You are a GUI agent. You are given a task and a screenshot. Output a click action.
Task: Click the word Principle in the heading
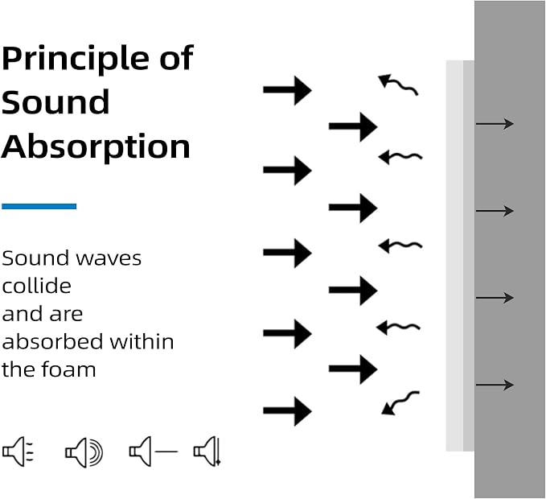click(76, 60)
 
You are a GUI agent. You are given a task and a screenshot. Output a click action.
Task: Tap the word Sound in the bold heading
click(55, 101)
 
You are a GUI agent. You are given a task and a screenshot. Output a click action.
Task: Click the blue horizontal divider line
click(39, 206)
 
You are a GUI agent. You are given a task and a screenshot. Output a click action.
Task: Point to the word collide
click(36, 286)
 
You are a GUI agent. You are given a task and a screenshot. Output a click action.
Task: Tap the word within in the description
click(142, 341)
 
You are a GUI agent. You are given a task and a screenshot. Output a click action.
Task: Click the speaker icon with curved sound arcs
click(84, 452)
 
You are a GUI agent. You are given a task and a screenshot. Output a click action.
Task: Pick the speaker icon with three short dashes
click(18, 452)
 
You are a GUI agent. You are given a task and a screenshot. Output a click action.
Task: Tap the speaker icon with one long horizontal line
click(154, 452)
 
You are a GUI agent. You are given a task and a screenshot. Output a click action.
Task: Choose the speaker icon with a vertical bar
click(207, 452)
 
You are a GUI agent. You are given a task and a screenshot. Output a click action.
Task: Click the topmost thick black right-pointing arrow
click(287, 90)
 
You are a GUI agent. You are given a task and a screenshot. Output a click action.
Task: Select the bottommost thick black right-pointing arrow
click(287, 411)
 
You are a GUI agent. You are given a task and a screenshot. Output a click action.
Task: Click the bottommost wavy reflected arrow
click(401, 402)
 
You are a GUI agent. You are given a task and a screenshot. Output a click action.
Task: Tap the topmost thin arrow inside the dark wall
click(495, 124)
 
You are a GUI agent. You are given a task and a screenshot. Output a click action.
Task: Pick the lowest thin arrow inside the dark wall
click(495, 385)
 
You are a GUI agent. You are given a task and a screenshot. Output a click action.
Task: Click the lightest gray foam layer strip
click(454, 256)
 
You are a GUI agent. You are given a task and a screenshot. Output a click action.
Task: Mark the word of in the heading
click(176, 59)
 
